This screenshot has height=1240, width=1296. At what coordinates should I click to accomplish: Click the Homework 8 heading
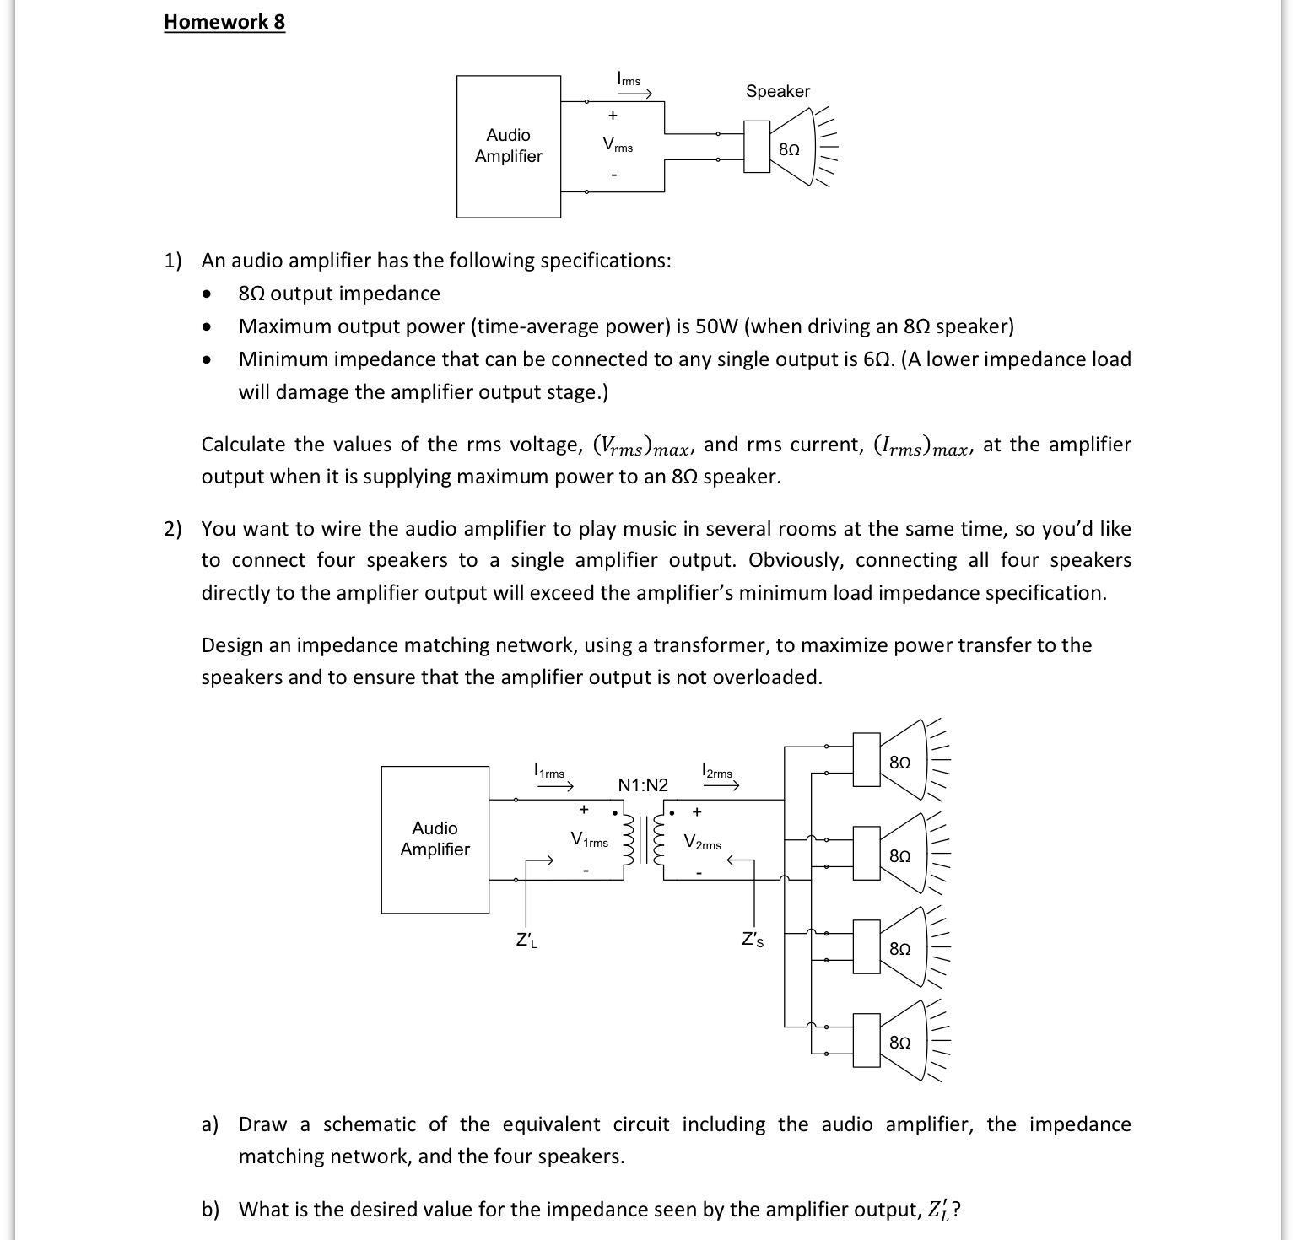[224, 22]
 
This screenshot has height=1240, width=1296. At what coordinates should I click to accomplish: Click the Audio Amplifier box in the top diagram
[509, 146]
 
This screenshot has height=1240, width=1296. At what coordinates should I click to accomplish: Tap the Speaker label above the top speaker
[777, 91]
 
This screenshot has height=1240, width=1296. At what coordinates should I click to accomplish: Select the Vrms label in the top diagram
[617, 146]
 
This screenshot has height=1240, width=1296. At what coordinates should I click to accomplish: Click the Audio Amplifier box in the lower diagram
[435, 839]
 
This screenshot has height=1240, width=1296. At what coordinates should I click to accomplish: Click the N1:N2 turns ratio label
[643, 785]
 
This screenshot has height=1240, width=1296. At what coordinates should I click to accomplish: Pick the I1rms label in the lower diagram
[549, 771]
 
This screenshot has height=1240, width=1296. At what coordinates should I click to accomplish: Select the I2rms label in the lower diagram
[717, 771]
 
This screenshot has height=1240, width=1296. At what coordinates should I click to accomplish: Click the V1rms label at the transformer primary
[589, 840]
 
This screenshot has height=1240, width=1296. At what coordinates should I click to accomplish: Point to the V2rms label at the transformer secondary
[702, 843]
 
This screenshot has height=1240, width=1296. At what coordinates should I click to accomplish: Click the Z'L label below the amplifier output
[526, 940]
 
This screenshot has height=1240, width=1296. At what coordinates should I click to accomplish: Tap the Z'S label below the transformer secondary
[753, 940]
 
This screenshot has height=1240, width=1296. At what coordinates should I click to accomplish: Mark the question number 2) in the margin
[172, 529]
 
